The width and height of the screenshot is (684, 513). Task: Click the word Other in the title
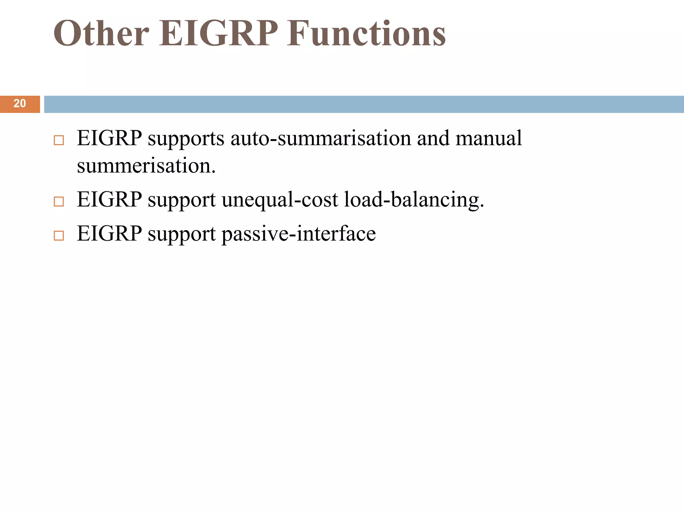click(101, 33)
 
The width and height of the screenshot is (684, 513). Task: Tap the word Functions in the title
click(366, 33)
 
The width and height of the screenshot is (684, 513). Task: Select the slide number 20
click(20, 104)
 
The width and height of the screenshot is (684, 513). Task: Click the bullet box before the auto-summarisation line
click(59, 140)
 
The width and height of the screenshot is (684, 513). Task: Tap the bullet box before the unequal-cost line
click(59, 201)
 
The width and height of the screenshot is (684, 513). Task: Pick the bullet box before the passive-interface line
click(59, 235)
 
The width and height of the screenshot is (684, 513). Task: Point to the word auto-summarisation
click(321, 138)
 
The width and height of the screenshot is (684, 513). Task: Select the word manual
click(488, 138)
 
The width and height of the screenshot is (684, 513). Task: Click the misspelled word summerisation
click(146, 166)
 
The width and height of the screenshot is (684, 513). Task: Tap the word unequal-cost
click(280, 200)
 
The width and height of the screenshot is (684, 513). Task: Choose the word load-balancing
click(414, 200)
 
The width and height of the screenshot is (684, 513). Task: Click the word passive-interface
click(299, 234)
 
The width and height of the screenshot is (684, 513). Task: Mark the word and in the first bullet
click(433, 138)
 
